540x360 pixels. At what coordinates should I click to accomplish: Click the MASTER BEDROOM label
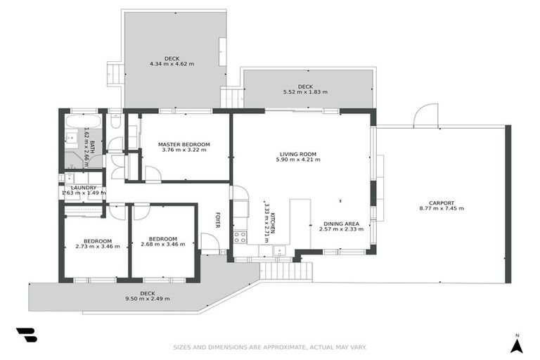[x=184, y=144]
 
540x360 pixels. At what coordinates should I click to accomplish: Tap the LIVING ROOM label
[x=298, y=154]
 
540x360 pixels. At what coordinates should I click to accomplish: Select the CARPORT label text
[x=442, y=202]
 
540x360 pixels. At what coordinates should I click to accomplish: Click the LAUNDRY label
[x=83, y=188]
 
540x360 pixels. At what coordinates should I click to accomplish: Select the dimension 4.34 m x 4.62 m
[x=172, y=64]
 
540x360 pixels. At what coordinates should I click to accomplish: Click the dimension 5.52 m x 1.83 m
[x=305, y=92]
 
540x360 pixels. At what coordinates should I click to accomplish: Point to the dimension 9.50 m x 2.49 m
[x=147, y=299]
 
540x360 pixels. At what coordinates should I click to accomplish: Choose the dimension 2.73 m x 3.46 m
[x=97, y=246]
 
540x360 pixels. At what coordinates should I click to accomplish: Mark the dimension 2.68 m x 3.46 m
[x=162, y=245]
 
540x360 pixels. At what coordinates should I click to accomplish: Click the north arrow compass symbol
[x=517, y=344]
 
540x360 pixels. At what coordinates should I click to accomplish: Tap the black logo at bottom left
[x=26, y=335]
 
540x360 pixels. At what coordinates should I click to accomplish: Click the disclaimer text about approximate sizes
[x=270, y=347]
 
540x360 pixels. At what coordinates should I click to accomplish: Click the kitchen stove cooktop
[x=240, y=237]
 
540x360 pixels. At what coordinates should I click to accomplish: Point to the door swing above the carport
[x=426, y=117]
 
